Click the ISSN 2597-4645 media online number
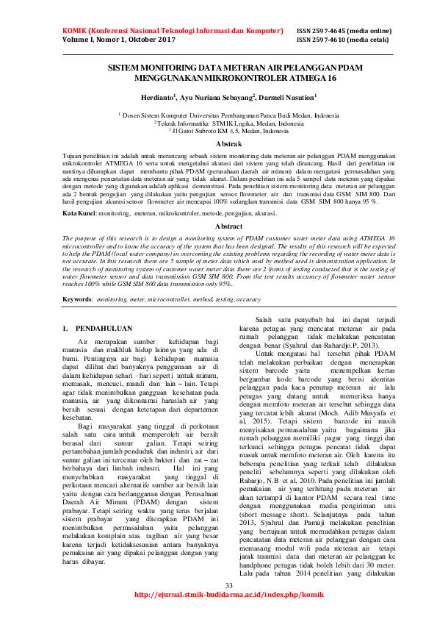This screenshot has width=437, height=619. pos(344,31)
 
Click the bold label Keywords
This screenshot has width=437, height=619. pos(77,300)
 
